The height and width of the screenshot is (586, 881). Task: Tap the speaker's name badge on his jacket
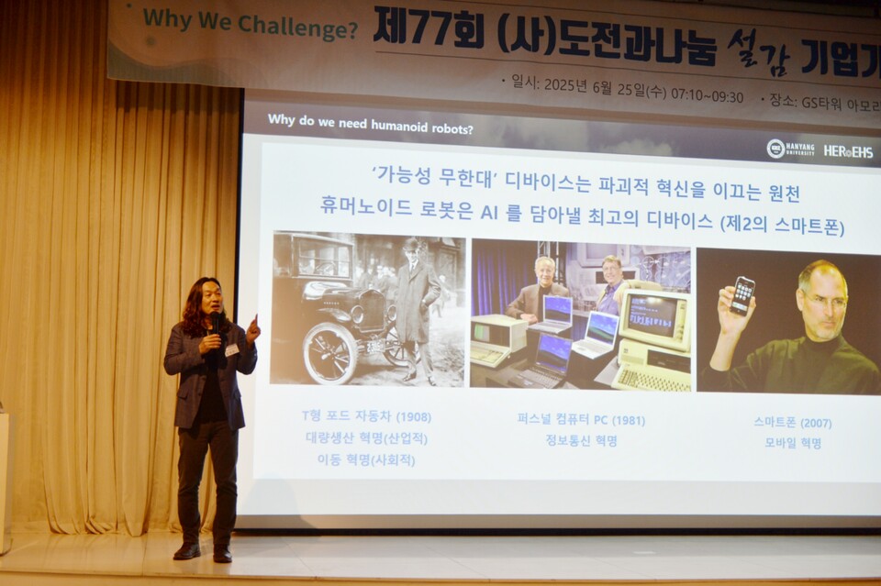point(231,349)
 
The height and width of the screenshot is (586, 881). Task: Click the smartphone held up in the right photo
point(742,295)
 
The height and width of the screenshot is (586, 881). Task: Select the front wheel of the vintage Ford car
point(329,353)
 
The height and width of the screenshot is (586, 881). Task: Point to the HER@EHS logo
point(847,150)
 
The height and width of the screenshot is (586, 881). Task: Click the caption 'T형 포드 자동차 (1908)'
point(366,416)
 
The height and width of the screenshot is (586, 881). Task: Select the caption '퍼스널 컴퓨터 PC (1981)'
point(581,420)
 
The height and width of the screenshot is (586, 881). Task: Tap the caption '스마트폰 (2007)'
point(792,422)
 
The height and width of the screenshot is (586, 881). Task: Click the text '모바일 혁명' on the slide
point(793,442)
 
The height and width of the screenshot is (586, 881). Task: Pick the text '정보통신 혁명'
point(581,441)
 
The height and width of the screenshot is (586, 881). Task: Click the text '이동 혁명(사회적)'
point(365,459)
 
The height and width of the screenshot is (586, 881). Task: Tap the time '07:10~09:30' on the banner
point(708,96)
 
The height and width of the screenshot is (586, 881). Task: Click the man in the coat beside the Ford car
point(416,302)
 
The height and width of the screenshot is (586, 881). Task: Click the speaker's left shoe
point(222,553)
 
